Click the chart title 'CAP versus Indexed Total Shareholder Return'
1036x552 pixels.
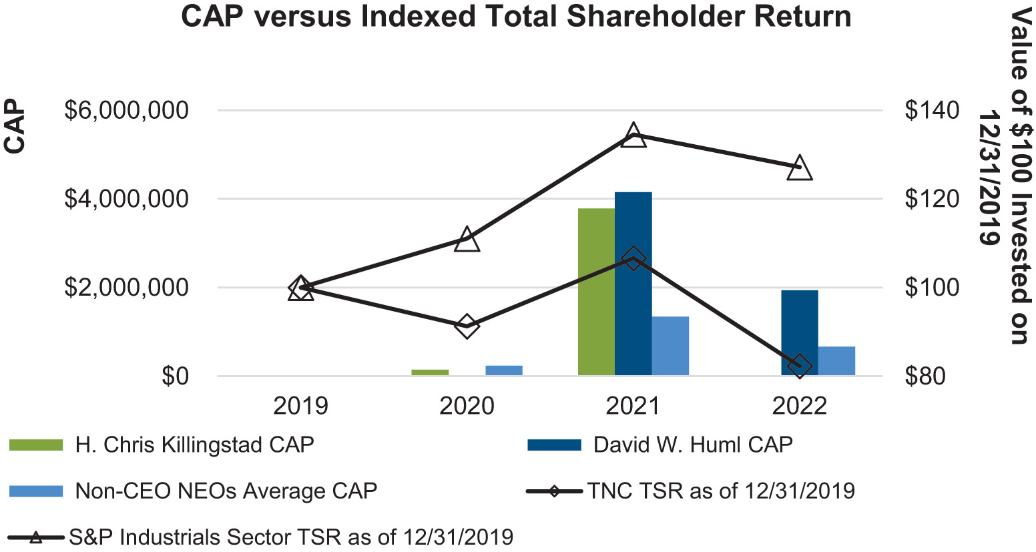(x=516, y=17)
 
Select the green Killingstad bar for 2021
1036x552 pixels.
(x=596, y=292)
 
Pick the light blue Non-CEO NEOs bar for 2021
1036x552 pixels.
(x=670, y=346)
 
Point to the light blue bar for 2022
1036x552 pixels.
(x=836, y=361)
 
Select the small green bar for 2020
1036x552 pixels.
(x=430, y=372)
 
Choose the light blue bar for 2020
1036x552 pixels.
(x=504, y=370)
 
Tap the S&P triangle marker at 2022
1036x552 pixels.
(x=800, y=168)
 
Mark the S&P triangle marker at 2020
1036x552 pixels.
(x=467, y=240)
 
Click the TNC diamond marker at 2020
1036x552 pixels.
(x=467, y=326)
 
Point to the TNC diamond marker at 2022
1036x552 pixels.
(x=800, y=366)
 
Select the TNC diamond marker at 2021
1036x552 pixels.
(x=633, y=259)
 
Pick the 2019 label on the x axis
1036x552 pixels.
(x=300, y=405)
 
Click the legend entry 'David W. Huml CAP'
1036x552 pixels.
(x=692, y=445)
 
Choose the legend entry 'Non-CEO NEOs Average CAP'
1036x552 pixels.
(x=226, y=491)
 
